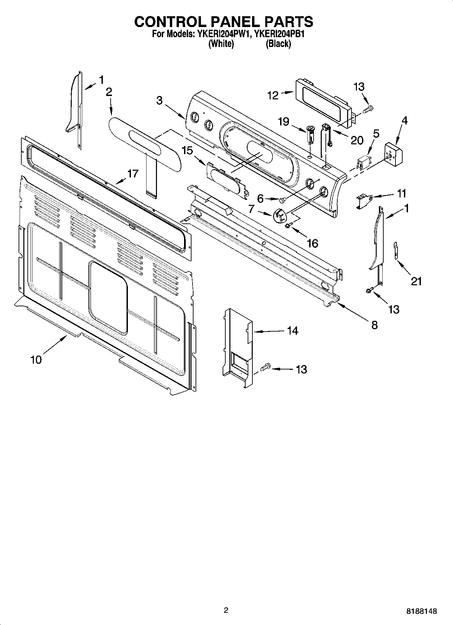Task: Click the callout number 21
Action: (416, 281)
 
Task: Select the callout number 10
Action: (36, 360)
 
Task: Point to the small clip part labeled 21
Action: (395, 250)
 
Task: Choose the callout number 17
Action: (133, 174)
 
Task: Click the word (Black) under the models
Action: (278, 44)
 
